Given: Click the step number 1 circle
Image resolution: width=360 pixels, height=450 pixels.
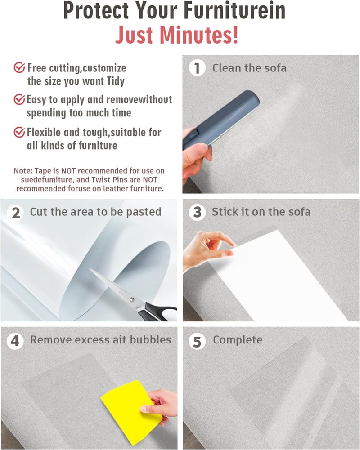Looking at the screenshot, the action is tap(197, 68).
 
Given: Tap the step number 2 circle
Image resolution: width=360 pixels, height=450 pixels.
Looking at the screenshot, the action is tap(16, 213).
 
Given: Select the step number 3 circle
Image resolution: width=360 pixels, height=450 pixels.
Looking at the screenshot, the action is tap(198, 212).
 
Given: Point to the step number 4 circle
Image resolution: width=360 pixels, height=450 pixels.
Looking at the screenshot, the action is tap(15, 341).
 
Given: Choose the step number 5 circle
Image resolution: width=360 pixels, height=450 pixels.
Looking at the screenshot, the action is tap(197, 341).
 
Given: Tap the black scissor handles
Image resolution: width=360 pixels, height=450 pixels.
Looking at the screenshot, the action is tap(159, 313).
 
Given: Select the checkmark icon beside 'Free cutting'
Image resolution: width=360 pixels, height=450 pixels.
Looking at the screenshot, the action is tap(19, 68).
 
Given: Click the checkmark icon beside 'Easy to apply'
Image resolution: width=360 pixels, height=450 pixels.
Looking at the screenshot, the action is tap(19, 99).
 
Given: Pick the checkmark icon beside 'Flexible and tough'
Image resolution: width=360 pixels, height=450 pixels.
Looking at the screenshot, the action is tap(19, 132).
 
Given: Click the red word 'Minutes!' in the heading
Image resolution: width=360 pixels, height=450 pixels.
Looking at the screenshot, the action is tap(199, 35).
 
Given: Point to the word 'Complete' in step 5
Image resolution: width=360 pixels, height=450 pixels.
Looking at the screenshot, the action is tap(238, 340).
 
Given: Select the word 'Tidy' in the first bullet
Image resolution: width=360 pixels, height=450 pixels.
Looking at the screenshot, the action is tap(116, 81).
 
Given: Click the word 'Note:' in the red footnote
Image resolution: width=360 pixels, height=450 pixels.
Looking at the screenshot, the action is tap(23, 171).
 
